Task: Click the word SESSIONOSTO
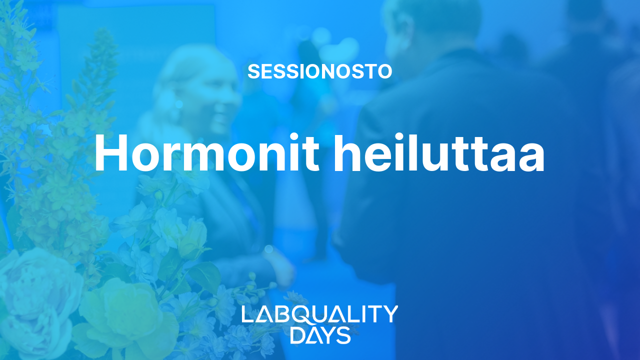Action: pos(319,71)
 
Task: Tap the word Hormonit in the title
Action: pos(207,152)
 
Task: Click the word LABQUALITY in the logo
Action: pos(319,313)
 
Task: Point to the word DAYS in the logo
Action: pos(320,335)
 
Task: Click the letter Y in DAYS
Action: pos(328,335)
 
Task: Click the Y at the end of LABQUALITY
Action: pos(389,313)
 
